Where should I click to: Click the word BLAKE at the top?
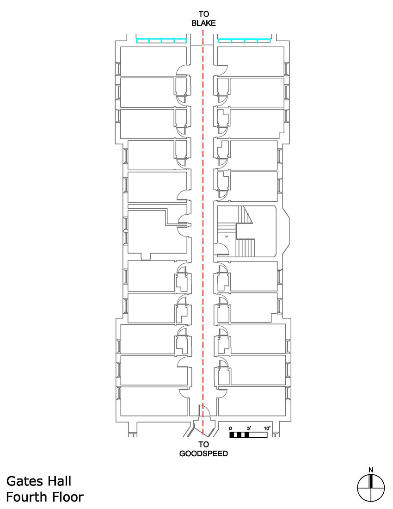click(203, 22)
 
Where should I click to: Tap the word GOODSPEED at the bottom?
click(203, 453)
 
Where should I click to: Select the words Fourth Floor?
click(45, 497)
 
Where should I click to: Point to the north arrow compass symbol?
click(371, 488)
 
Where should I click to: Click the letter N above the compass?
click(371, 470)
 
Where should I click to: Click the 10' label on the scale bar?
click(267, 428)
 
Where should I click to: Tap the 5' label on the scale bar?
click(249, 428)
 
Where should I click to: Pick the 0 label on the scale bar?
click(231, 428)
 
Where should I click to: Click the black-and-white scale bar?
click(249, 435)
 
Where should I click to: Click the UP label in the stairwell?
click(227, 236)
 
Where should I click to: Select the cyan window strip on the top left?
click(161, 41)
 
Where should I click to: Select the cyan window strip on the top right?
click(244, 41)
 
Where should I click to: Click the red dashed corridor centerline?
click(203, 231)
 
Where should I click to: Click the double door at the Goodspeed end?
click(203, 412)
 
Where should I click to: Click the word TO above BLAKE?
click(203, 14)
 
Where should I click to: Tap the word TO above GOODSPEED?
click(203, 445)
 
